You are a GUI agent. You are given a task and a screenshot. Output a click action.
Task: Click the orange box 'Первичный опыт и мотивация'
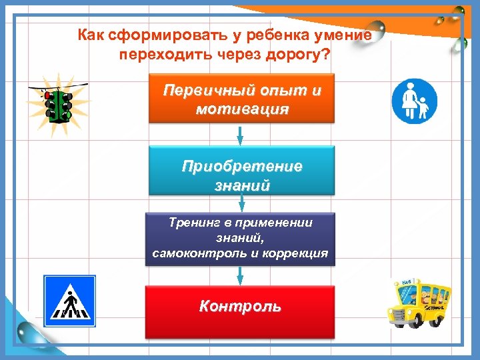241,99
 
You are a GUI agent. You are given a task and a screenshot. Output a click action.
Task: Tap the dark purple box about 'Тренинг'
241,239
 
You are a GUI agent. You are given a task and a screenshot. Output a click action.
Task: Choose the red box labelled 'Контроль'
241,308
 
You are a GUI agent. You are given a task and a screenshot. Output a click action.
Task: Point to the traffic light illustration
58,105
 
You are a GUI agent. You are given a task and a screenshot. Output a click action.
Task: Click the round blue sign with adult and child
413,101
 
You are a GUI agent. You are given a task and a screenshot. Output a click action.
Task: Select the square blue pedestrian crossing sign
70,301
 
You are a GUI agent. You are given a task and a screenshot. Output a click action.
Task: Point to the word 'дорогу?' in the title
302,53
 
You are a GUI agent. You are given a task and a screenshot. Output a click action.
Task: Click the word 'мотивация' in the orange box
242,109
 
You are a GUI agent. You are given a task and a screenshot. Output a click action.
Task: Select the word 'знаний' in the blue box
242,185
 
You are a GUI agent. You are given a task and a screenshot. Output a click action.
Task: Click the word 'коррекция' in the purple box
294,253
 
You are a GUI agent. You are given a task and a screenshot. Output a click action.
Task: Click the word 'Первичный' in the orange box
198,90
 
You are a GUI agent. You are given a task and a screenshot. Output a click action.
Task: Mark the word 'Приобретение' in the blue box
242,165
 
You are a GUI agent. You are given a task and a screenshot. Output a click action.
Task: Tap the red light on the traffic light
48,96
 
